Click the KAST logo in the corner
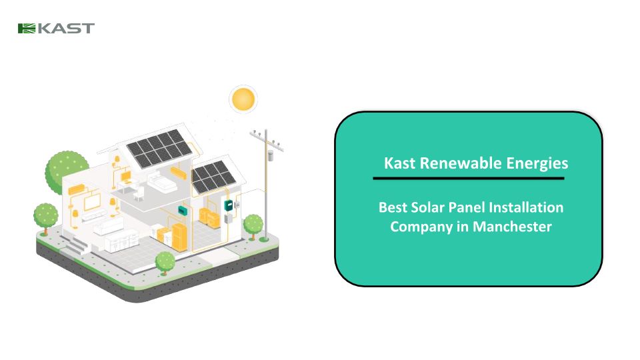click(x=56, y=28)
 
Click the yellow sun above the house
click(x=243, y=99)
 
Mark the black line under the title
click(x=468, y=179)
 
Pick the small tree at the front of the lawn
click(x=165, y=261)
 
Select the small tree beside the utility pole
click(x=253, y=225)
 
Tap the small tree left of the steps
click(x=45, y=216)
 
